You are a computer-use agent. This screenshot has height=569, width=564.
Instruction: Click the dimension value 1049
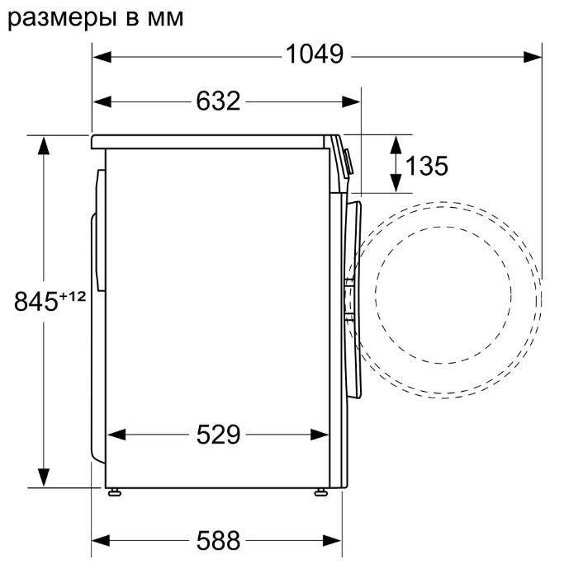tap(315, 54)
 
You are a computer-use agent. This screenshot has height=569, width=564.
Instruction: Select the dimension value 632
tap(218, 101)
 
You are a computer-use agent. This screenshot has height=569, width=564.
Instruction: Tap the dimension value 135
tap(426, 166)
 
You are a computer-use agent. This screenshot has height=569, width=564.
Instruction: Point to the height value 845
tap(36, 301)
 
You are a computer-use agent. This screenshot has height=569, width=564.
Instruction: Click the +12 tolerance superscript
tap(73, 297)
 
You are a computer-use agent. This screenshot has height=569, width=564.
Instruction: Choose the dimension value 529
tap(218, 435)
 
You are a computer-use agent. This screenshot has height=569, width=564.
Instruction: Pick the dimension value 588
tap(218, 540)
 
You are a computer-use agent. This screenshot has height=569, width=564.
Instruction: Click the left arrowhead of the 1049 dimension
tap(102, 57)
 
